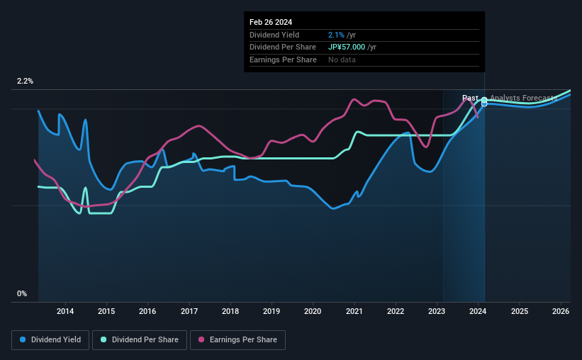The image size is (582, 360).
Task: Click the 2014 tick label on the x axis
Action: [x=65, y=311]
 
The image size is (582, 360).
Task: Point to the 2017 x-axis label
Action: [x=189, y=311]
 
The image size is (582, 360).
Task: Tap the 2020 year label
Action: [x=313, y=311]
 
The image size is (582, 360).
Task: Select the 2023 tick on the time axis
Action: [x=437, y=311]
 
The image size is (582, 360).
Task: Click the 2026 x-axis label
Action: [x=561, y=311]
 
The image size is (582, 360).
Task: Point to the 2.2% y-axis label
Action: [x=25, y=81]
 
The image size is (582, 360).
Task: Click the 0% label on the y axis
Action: [x=22, y=293]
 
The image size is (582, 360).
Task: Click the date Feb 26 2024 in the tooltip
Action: [x=270, y=21]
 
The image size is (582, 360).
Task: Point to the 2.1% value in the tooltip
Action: [x=336, y=35]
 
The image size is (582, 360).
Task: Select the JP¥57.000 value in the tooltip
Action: [x=347, y=47]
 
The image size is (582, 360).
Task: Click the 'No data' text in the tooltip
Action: [x=342, y=60]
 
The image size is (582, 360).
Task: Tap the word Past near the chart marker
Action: [x=469, y=98]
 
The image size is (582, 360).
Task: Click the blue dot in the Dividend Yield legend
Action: [x=23, y=340]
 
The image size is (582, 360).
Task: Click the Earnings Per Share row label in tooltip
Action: [x=283, y=60]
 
